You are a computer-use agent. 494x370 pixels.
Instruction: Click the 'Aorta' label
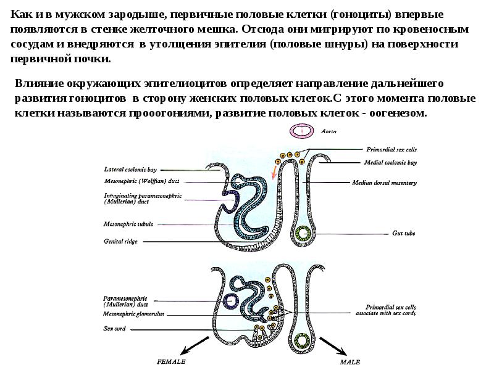pos(329,131)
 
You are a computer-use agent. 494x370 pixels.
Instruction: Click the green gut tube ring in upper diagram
pos(303,233)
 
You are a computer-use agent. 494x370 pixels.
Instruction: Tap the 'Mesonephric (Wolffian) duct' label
pos(141,181)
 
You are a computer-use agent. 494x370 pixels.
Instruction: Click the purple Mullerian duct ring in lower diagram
pos(232,301)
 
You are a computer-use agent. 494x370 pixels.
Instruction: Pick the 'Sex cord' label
pos(115,329)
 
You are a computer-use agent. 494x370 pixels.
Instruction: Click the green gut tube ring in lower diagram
pos(303,340)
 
